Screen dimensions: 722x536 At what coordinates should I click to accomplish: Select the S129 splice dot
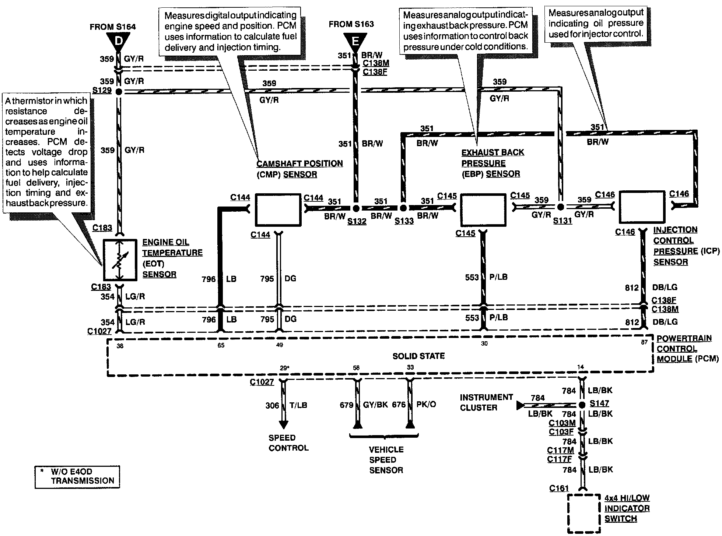[119, 92]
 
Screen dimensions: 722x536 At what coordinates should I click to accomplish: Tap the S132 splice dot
[356, 208]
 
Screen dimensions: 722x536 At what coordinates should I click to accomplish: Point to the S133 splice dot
[403, 208]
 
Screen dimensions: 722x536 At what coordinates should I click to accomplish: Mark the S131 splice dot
[560, 207]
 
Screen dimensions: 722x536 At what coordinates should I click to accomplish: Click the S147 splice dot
[582, 405]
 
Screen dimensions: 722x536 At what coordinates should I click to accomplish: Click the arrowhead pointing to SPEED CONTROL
[283, 424]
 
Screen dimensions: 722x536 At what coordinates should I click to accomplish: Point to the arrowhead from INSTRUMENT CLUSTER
[520, 406]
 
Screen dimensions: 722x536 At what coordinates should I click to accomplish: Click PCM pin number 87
[644, 342]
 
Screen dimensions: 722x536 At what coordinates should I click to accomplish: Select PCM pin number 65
[221, 345]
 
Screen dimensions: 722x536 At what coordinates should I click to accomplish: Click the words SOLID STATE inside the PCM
[418, 356]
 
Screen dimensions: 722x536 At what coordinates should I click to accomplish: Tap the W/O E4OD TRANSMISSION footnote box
[77, 477]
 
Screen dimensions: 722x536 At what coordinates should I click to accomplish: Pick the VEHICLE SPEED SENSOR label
[386, 460]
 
